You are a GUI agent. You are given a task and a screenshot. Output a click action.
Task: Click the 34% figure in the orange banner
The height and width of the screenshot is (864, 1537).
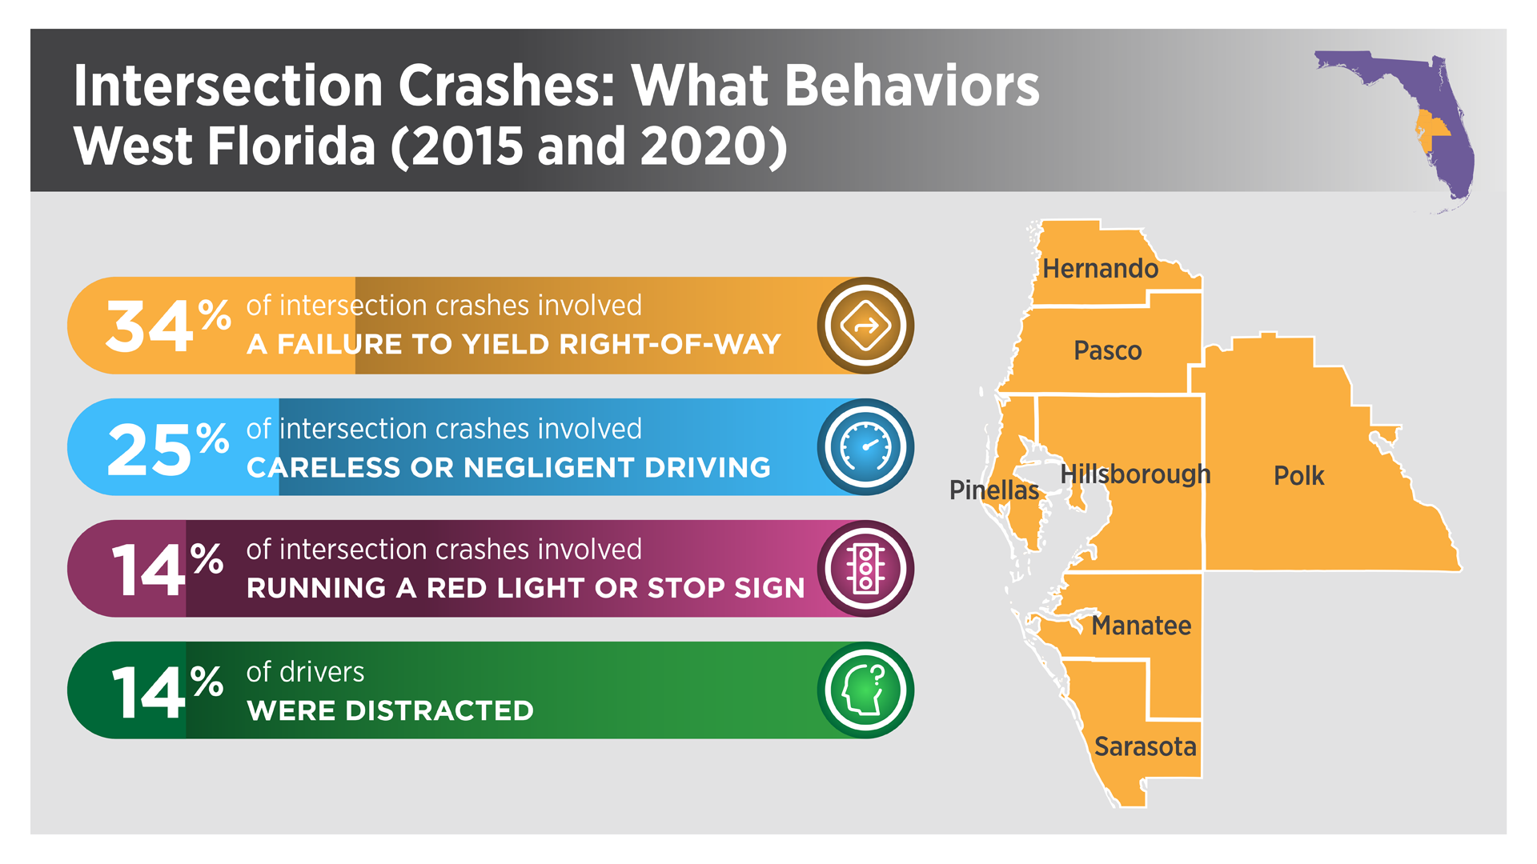[x=168, y=325]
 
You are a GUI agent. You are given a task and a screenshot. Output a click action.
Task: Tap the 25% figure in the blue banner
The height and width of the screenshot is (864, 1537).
[x=168, y=448]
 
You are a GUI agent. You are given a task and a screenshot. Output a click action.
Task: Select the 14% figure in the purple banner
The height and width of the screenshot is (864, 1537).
[x=167, y=569]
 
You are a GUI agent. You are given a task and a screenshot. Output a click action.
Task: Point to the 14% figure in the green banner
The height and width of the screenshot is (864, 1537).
[x=167, y=691]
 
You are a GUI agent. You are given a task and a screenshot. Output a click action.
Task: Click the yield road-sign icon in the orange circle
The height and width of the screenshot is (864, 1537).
[x=865, y=326]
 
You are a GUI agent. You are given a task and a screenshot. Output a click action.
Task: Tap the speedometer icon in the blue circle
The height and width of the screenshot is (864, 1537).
[x=865, y=447]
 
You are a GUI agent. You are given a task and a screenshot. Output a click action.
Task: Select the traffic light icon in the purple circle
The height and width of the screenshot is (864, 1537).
[x=865, y=569]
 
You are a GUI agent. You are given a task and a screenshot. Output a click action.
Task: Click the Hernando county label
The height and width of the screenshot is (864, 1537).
[x=1100, y=269]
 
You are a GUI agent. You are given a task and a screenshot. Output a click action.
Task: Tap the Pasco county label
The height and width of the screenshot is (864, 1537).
[x=1107, y=350]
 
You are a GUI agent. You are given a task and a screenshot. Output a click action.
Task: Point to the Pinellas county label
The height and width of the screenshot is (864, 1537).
[x=994, y=490]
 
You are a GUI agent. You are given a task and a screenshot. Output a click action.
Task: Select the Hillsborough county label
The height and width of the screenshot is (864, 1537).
[x=1135, y=474]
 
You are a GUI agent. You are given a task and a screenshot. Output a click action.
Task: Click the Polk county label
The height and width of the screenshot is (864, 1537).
[x=1298, y=476]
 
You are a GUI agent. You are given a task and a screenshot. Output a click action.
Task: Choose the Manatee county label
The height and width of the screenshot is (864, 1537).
[x=1142, y=626]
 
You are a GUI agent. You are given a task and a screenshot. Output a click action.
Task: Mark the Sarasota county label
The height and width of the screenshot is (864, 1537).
[x=1145, y=746]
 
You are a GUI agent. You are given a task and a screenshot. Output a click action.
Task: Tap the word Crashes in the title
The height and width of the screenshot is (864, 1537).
[x=506, y=85]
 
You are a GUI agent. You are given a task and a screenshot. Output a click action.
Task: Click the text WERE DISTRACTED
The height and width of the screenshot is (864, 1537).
[x=390, y=710]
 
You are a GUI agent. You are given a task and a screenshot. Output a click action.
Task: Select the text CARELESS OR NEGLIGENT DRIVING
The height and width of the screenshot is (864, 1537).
[x=508, y=467]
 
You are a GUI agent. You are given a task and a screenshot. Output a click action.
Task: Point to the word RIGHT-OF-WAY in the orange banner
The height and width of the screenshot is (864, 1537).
[x=670, y=344]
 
